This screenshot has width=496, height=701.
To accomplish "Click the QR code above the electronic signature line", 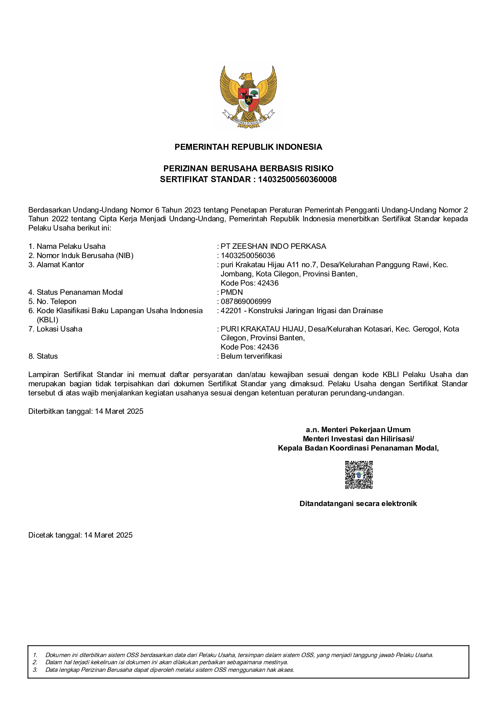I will pyautogui.click(x=359, y=475).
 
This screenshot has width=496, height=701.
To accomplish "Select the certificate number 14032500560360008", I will pyautogui.click(x=297, y=179).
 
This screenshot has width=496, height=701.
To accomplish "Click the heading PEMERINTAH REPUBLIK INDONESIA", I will pyautogui.click(x=248, y=147).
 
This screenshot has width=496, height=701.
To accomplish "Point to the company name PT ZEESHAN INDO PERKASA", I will pyautogui.click(x=273, y=246).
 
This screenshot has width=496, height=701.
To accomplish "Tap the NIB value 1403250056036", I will pyautogui.click(x=248, y=256).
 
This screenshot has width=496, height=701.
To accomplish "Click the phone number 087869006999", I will pyautogui.click(x=246, y=302).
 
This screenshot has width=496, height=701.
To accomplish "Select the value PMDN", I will pyautogui.click(x=232, y=292).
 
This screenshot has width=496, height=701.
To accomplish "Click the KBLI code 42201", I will pyautogui.click(x=231, y=311).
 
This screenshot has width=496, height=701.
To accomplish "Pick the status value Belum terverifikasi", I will pyautogui.click(x=251, y=356).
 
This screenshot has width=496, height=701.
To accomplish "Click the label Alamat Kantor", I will pyautogui.click(x=60, y=265).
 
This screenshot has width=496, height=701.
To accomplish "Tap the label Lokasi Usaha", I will pyautogui.click(x=59, y=329).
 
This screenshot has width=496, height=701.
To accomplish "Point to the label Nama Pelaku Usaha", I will pyautogui.click(x=71, y=246).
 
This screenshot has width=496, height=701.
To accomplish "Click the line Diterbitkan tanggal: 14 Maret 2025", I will pyautogui.click(x=86, y=411).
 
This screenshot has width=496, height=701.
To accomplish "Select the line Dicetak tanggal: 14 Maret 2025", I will pyautogui.click(x=80, y=535).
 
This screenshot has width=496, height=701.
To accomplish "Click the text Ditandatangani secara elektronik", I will pyautogui.click(x=358, y=504).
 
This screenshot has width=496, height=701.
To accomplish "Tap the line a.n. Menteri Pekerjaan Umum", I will pyautogui.click(x=358, y=430).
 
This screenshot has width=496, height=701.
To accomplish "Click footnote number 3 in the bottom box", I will pyautogui.click(x=35, y=670).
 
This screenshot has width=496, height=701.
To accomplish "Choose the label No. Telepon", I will pyautogui.click(x=56, y=302).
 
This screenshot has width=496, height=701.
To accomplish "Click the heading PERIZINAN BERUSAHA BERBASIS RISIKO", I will pyautogui.click(x=248, y=169).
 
